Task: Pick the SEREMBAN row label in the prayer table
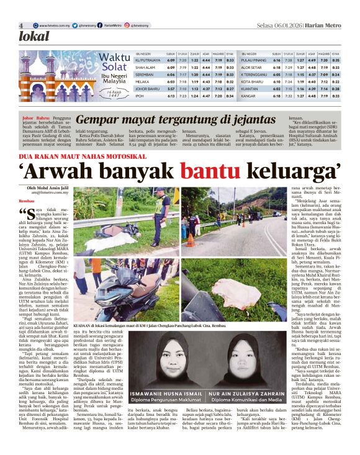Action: click(145, 74)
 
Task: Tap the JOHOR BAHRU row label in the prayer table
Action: click(146, 89)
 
